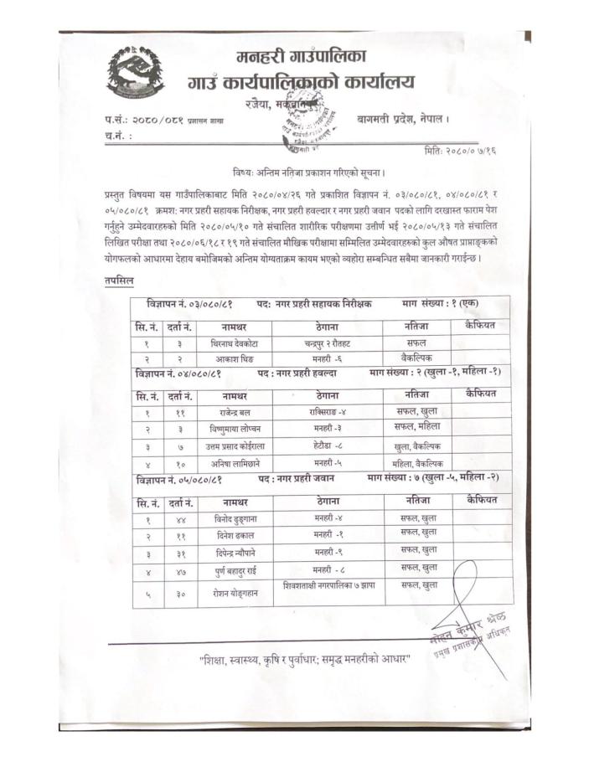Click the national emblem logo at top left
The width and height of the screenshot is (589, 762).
[x=135, y=73]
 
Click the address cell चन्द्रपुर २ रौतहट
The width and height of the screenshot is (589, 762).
[x=328, y=343]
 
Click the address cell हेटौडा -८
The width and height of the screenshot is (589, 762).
[x=328, y=446]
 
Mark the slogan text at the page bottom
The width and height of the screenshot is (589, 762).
[x=305, y=661]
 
